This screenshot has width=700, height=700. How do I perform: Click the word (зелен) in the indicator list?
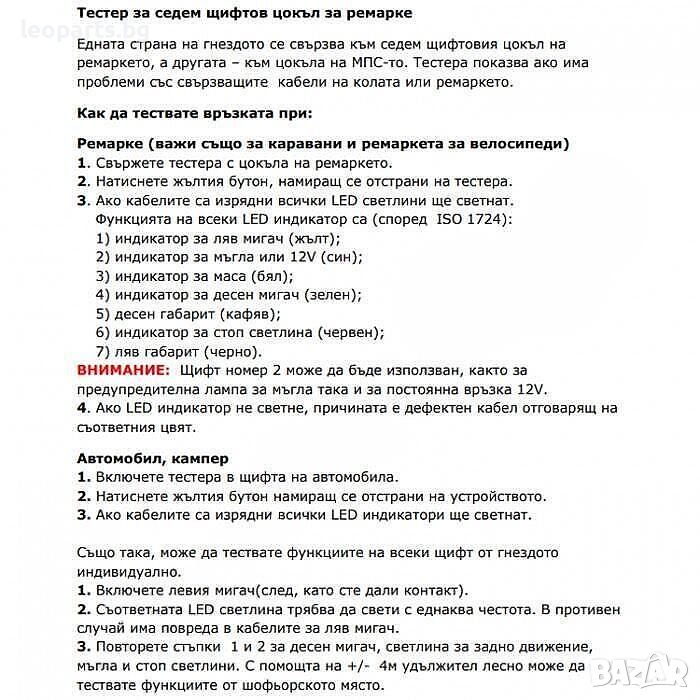pos(333,295)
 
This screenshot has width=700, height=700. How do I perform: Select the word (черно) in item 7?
pos(233,352)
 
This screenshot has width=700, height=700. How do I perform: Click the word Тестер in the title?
pos(105,14)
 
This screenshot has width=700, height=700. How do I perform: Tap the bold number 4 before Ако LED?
pos(82,409)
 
